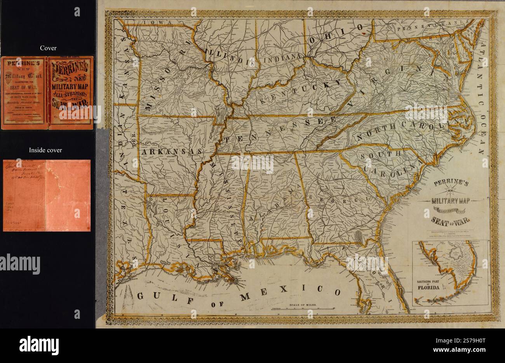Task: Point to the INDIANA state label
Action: point(282,59)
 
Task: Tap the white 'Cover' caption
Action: point(49,48)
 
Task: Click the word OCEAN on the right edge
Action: point(482,132)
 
